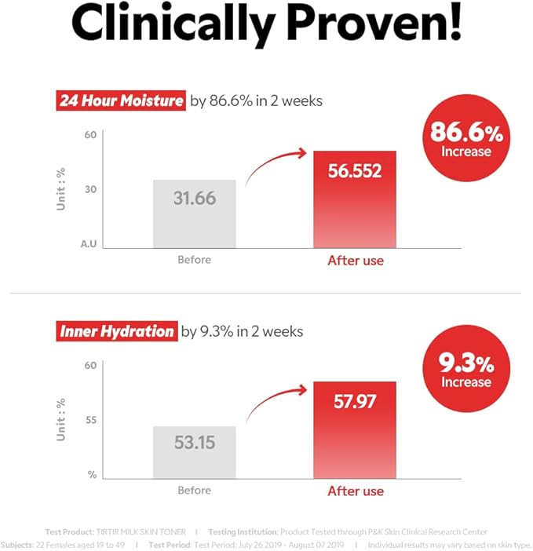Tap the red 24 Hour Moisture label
[x=122, y=101]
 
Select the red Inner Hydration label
[x=116, y=331]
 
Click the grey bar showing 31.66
[x=194, y=213]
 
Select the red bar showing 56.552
[x=355, y=199]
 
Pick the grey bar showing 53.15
[x=194, y=451]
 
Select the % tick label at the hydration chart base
[x=91, y=474]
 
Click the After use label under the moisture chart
[x=355, y=261]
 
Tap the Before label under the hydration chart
[x=194, y=491]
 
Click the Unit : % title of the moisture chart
[x=61, y=188]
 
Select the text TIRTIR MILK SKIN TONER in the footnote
[x=141, y=531]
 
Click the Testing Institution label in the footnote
[x=242, y=531]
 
